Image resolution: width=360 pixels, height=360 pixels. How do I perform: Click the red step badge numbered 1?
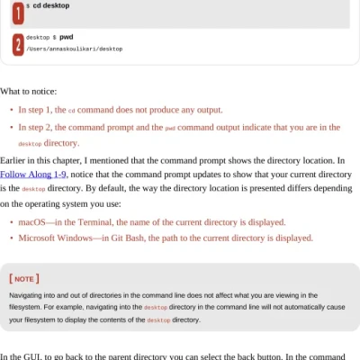(18, 11)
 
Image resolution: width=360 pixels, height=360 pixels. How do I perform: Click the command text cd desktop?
(50, 5)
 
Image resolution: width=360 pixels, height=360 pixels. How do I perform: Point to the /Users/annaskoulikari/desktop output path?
(75, 49)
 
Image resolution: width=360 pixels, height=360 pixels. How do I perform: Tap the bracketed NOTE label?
(24, 279)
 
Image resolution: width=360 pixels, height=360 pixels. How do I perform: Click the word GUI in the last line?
(39, 357)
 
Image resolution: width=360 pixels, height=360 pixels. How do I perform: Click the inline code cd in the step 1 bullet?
(72, 111)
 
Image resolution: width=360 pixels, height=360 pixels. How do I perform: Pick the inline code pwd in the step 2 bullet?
(169, 128)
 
